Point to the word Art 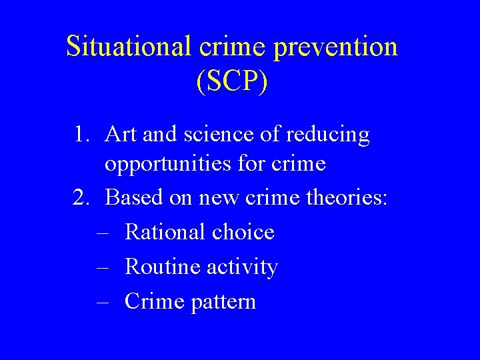(x=121, y=135)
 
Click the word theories (x=350, y=197)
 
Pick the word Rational (x=163, y=232)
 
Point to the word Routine (x=162, y=267)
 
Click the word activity (x=242, y=267)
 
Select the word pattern (x=223, y=302)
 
